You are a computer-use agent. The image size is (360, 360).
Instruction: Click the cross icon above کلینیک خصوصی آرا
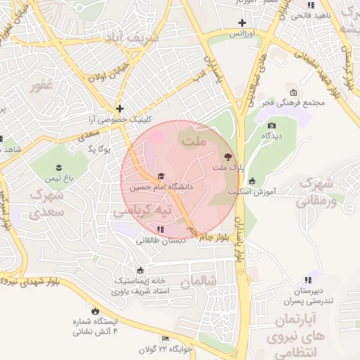(x=120, y=108)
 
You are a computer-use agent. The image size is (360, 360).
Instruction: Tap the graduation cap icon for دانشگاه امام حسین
(x=161, y=176)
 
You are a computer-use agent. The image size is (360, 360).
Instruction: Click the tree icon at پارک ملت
(x=226, y=157)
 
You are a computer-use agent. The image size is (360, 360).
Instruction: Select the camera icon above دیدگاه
(x=271, y=125)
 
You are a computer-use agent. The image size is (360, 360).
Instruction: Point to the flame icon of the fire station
(x=95, y=310)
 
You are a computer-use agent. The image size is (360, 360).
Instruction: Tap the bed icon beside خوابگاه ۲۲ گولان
(x=165, y=338)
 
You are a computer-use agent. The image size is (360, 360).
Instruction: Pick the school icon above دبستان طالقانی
(x=161, y=229)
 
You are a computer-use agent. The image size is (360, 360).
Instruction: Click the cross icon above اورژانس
(x=242, y=22)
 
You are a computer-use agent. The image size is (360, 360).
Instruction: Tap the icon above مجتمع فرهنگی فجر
(x=293, y=92)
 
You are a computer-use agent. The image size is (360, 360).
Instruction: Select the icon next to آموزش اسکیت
(x=252, y=181)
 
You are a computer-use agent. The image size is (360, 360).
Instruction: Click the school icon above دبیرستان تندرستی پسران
(x=307, y=279)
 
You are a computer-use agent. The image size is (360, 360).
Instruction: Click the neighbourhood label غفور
(x=41, y=86)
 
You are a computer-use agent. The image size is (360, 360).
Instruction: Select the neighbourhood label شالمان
(x=195, y=281)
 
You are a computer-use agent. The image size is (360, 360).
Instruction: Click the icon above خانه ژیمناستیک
(x=141, y=270)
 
